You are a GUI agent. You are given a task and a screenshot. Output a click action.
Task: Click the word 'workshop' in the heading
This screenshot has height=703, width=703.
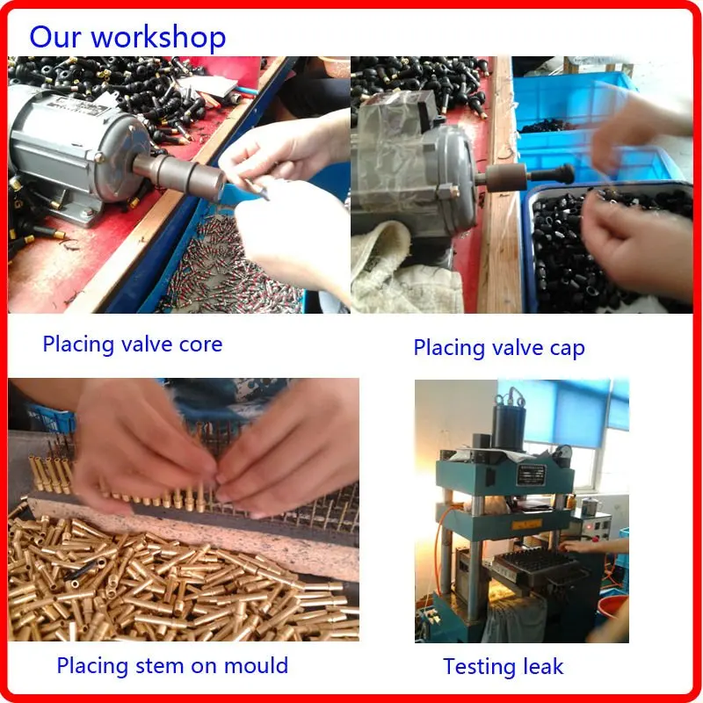[x=158, y=38]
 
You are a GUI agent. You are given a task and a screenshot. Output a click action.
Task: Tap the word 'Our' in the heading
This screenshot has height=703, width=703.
[x=55, y=38]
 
